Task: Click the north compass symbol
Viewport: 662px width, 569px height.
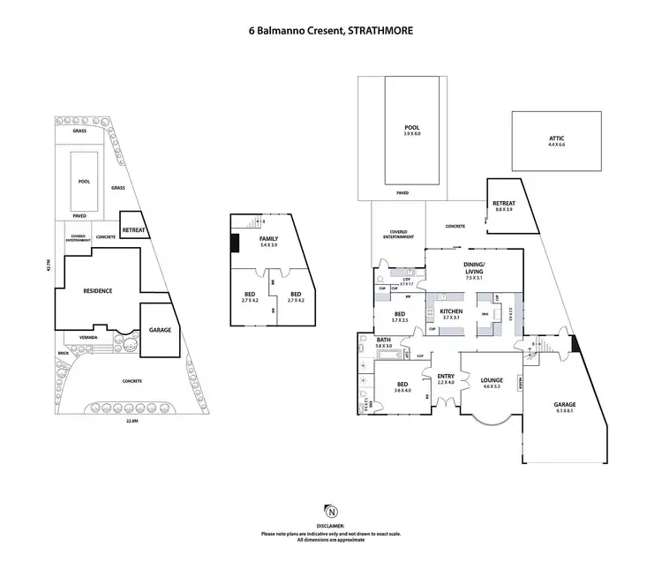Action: (x=331, y=512)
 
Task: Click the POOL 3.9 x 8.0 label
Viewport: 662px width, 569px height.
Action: (x=407, y=131)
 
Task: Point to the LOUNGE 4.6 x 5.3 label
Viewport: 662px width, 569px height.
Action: (x=492, y=384)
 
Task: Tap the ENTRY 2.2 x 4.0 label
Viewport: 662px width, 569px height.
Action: (x=445, y=378)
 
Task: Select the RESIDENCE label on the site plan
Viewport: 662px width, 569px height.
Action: (x=97, y=291)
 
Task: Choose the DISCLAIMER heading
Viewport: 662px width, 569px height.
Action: (x=331, y=525)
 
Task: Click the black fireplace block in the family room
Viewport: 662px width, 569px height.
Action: (x=235, y=243)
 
